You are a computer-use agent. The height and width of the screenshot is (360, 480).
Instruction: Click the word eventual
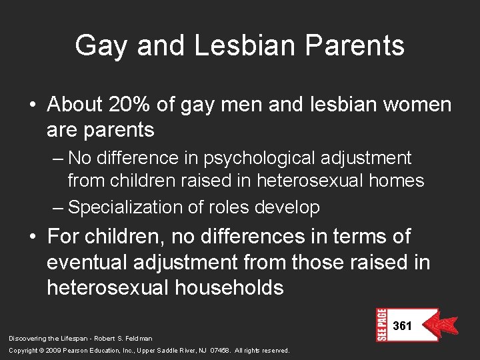click(x=87, y=262)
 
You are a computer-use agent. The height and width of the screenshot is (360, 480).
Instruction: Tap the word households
click(x=227, y=287)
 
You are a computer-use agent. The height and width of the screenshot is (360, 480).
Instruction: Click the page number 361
click(x=403, y=326)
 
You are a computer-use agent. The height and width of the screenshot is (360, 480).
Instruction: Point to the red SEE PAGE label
click(x=381, y=325)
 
